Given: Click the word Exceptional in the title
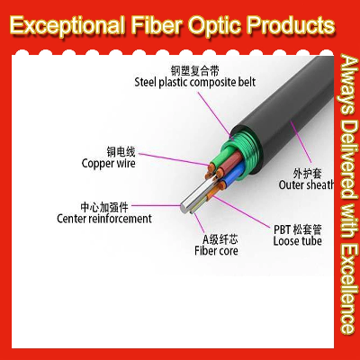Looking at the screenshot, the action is pyautogui.click(x=67, y=24).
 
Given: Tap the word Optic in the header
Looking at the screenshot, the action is pyautogui.click(x=214, y=24).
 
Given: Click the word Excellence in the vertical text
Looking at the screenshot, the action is pyautogui.click(x=350, y=288).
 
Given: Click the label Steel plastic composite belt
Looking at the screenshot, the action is pyautogui.click(x=194, y=82).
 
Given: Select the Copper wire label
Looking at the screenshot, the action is pyautogui.click(x=108, y=164).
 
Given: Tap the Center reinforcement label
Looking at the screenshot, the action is pyautogui.click(x=104, y=219).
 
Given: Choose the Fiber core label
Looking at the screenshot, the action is pyautogui.click(x=216, y=251).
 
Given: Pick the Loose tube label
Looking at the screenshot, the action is pyautogui.click(x=297, y=241).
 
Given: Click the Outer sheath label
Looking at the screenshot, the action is pyautogui.click(x=306, y=184).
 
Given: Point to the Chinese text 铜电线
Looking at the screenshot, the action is pyautogui.click(x=121, y=152).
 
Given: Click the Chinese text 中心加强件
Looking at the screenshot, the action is pyautogui.click(x=104, y=207).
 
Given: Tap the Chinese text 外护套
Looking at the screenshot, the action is pyautogui.click(x=307, y=174).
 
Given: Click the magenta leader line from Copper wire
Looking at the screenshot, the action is pyautogui.click(x=174, y=159).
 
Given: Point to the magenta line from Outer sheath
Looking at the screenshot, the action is pyautogui.click(x=301, y=142).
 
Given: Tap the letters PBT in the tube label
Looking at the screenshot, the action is pyautogui.click(x=282, y=229).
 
